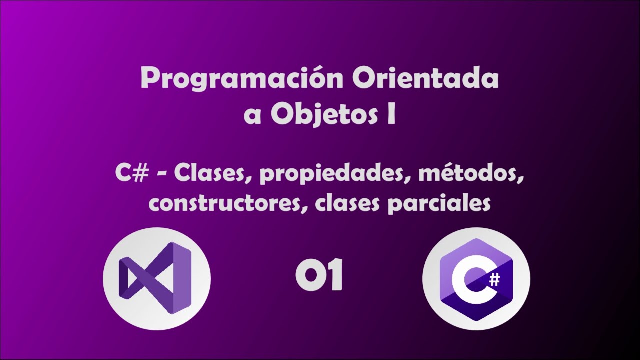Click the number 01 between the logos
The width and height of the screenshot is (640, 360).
pyautogui.click(x=319, y=277)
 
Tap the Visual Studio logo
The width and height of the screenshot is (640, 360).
pyautogui.click(x=156, y=278)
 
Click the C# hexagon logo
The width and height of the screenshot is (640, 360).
pyautogui.click(x=476, y=279)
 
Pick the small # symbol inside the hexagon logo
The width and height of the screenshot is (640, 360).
pyautogui.click(x=494, y=280)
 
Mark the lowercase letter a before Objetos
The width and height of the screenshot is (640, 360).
pyautogui.click(x=253, y=115)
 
